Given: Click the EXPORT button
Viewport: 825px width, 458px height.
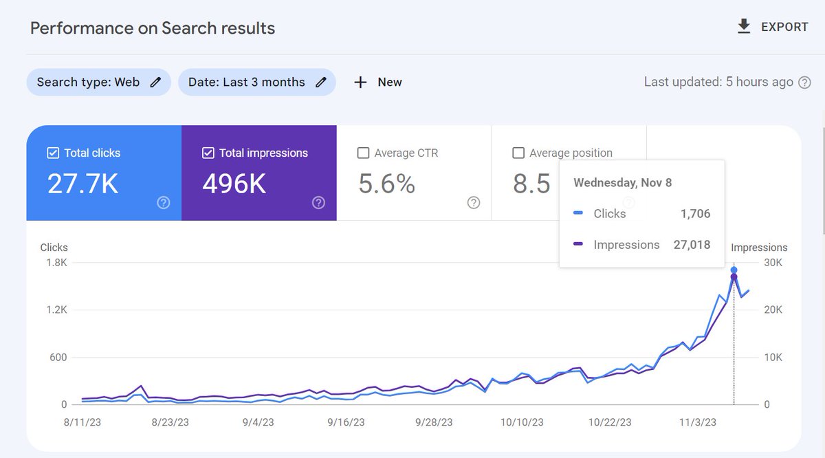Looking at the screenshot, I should [x=772, y=27].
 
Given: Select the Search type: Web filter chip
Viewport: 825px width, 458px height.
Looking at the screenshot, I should [x=98, y=82].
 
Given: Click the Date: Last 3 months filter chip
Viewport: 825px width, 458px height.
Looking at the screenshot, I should [x=256, y=82].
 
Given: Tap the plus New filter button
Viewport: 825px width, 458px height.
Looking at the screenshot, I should [x=377, y=82].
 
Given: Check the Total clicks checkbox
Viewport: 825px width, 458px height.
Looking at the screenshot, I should [x=53, y=153].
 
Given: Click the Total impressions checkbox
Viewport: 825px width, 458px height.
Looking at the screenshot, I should [x=208, y=153].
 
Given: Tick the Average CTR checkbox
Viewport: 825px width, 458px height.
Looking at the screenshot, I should [x=364, y=153].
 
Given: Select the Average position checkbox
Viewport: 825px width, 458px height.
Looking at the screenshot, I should [x=518, y=153].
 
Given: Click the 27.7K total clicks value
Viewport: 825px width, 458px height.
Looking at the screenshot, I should [x=82, y=184].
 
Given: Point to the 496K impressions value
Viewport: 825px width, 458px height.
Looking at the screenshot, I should [x=234, y=184].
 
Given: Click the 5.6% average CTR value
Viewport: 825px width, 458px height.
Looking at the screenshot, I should [x=386, y=184].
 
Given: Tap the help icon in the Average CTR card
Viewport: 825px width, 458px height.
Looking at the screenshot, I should [x=474, y=202].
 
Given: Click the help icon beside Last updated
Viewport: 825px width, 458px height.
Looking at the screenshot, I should [x=804, y=83].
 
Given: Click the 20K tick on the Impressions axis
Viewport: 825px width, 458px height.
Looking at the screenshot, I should [x=773, y=310].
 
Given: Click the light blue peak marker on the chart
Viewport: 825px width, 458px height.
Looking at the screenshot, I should [x=734, y=270].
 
